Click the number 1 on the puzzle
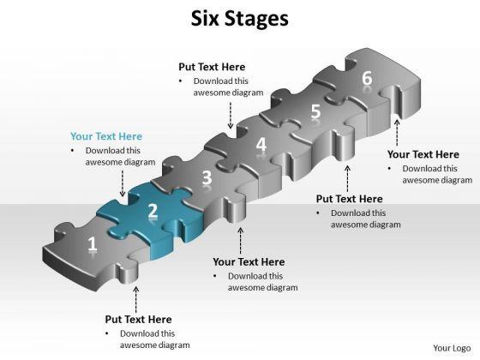tap(93, 244)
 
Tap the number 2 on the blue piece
tap(153, 211)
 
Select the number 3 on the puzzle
tap(207, 177)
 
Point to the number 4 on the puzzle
tap(261, 144)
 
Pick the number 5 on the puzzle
tap(315, 111)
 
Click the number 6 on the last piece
tap(367, 78)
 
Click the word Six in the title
tap(205, 18)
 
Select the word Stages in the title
tap(256, 19)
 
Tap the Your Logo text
tap(452, 348)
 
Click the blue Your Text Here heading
tap(106, 136)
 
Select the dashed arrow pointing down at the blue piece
tap(123, 183)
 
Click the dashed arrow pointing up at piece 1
tap(136, 300)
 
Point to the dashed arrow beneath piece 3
tap(241, 241)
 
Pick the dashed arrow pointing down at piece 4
tap(231, 115)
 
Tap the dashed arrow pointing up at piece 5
tap(347, 179)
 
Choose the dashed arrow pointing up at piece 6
tap(397, 133)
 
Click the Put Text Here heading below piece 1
tap(138, 319)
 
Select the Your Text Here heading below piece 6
tap(423, 154)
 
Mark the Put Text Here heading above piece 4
tap(212, 67)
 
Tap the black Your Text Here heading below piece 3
tap(249, 261)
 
